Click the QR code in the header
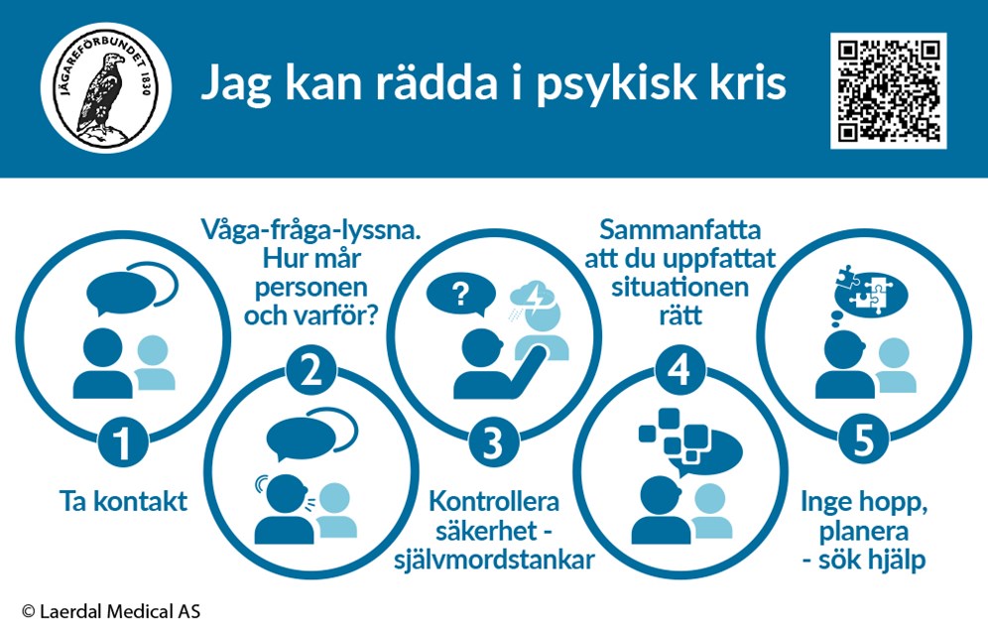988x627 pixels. pyautogui.click(x=889, y=90)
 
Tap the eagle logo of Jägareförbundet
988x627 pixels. pyautogui.click(x=106, y=87)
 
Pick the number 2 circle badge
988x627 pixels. pyautogui.click(x=310, y=370)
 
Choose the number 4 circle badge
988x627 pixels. pyautogui.click(x=679, y=370)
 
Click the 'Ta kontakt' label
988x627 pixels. pyautogui.click(x=123, y=502)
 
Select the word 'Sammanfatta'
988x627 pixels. pyautogui.click(x=679, y=229)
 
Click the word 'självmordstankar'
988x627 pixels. pyautogui.click(x=494, y=560)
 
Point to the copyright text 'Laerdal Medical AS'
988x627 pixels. pyautogui.click(x=120, y=611)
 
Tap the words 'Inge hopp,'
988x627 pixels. pyautogui.click(x=864, y=503)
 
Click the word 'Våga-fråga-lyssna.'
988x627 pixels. pyautogui.click(x=310, y=230)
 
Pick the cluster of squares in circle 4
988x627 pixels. pyautogui.click(x=674, y=436)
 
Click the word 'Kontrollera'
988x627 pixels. pyautogui.click(x=494, y=502)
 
